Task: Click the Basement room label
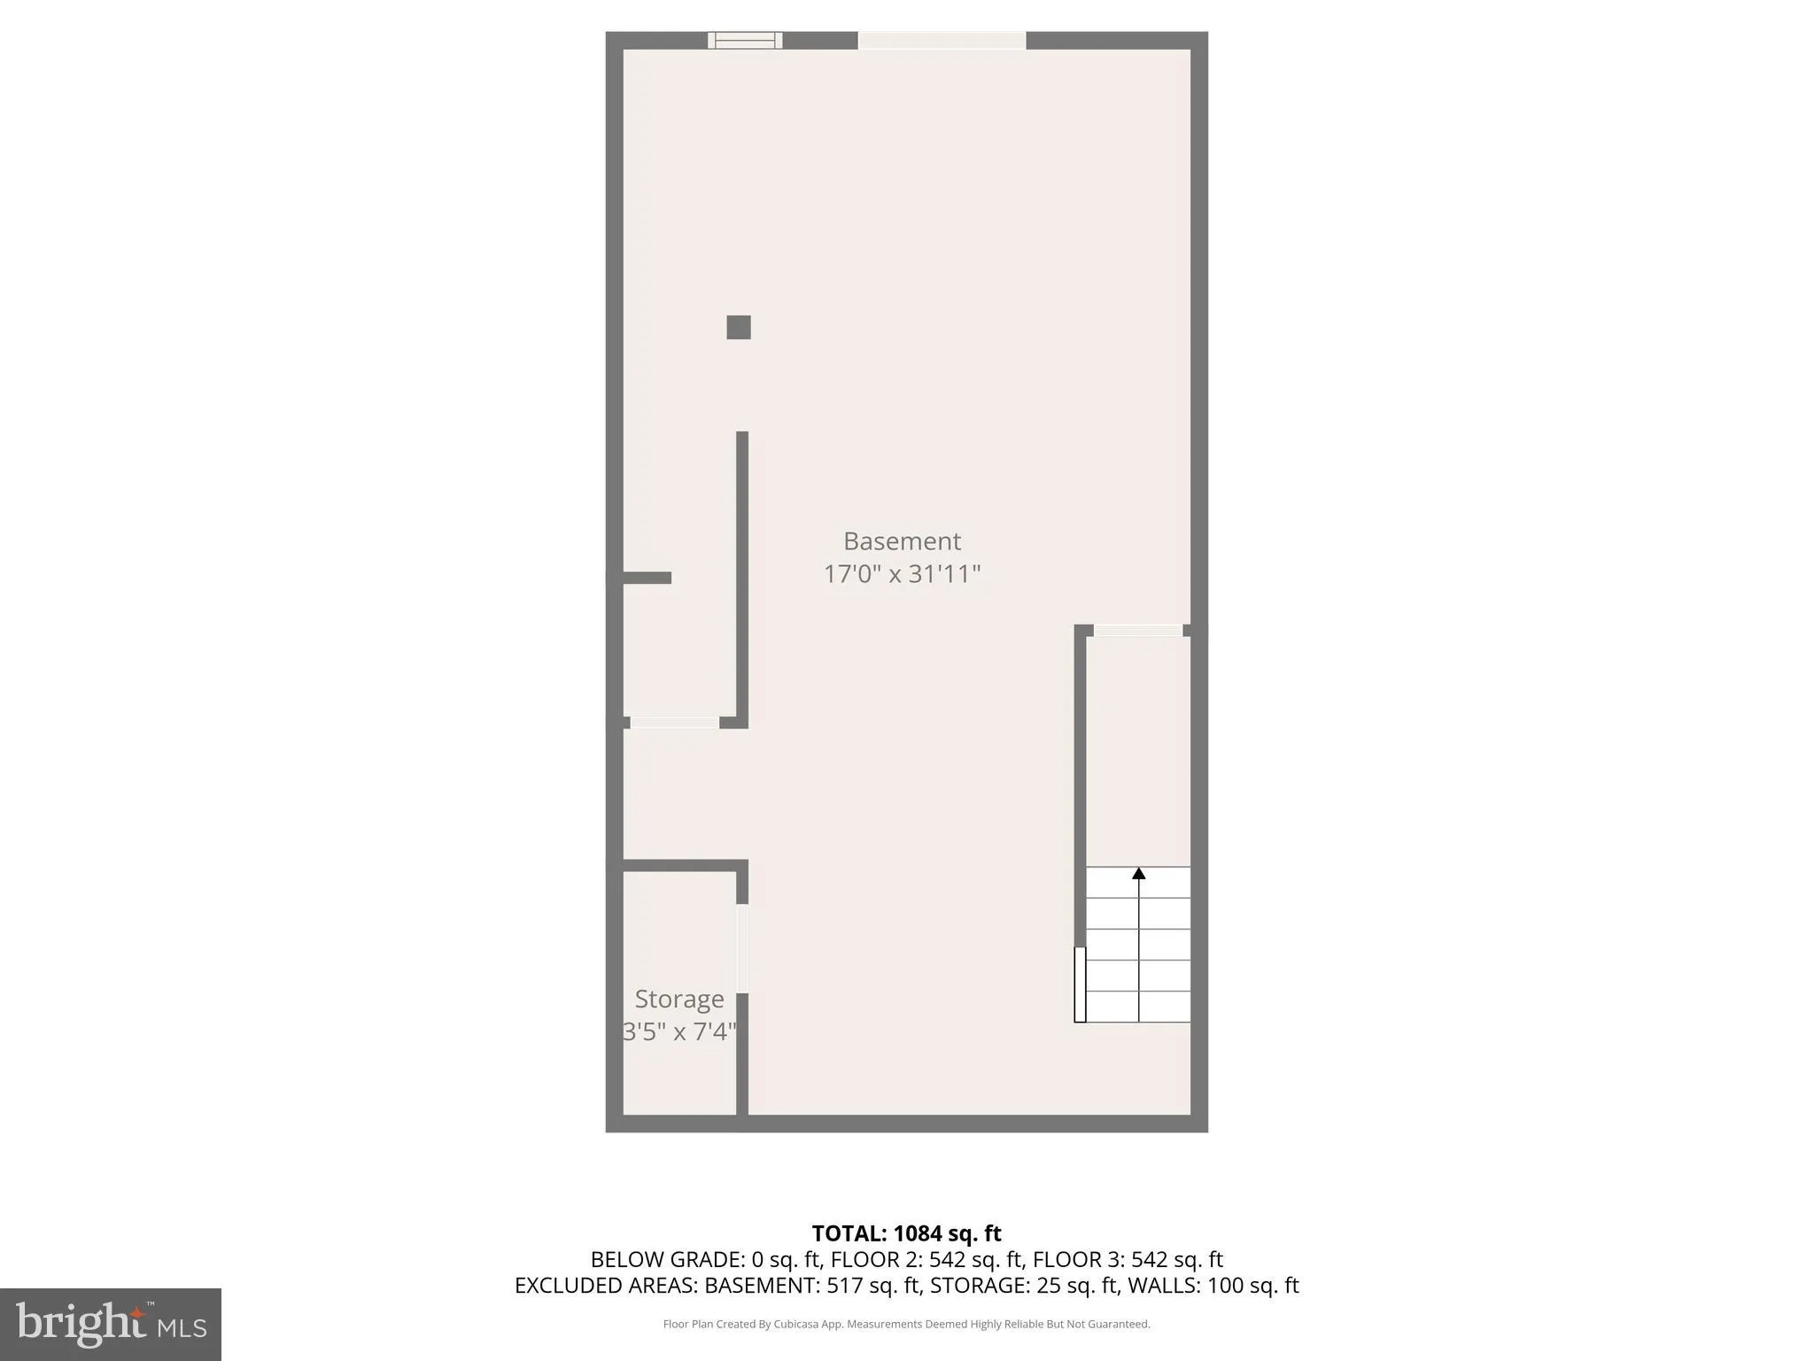click(x=902, y=541)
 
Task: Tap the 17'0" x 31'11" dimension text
click(x=902, y=574)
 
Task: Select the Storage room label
click(x=679, y=999)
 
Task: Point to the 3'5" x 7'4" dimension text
click(x=679, y=1031)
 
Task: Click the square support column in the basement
click(x=739, y=327)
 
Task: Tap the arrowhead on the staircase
click(x=1139, y=874)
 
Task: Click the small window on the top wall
click(x=745, y=40)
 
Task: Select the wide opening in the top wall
click(x=942, y=40)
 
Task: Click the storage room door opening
click(x=742, y=948)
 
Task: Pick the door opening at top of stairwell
click(x=1138, y=630)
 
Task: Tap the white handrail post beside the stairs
click(x=1080, y=984)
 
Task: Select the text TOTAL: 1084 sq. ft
click(x=906, y=1233)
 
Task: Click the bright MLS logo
click(x=111, y=1324)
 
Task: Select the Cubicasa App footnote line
click(x=906, y=1324)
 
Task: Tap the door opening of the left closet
click(x=674, y=723)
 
